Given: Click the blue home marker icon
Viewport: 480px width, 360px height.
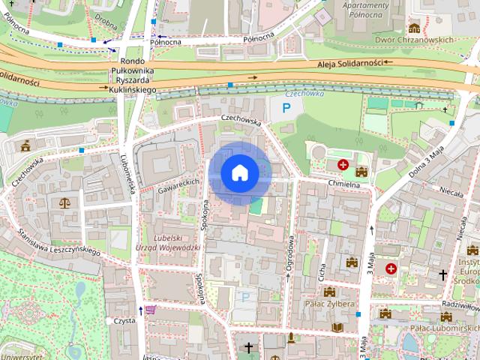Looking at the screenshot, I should pyautogui.click(x=240, y=172).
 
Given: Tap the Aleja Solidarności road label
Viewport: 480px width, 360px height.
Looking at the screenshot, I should pyautogui.click(x=349, y=64).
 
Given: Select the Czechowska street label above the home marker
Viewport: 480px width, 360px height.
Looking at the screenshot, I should pyautogui.click(x=240, y=119).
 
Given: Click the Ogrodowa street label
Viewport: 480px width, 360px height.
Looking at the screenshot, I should pyautogui.click(x=289, y=253).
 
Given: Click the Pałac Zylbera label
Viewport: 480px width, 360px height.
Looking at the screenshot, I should pyautogui.click(x=329, y=304).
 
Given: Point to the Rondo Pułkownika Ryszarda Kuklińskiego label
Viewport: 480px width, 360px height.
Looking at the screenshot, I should pyautogui.click(x=132, y=76).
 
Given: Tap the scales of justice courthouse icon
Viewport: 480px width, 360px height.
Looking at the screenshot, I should pyautogui.click(x=63, y=202).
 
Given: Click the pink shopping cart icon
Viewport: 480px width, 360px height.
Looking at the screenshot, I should pyautogui.click(x=151, y=310).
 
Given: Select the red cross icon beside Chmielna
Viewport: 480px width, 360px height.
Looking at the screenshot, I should pyautogui.click(x=343, y=164).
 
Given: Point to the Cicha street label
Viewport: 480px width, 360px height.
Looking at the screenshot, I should pyautogui.click(x=322, y=273).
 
